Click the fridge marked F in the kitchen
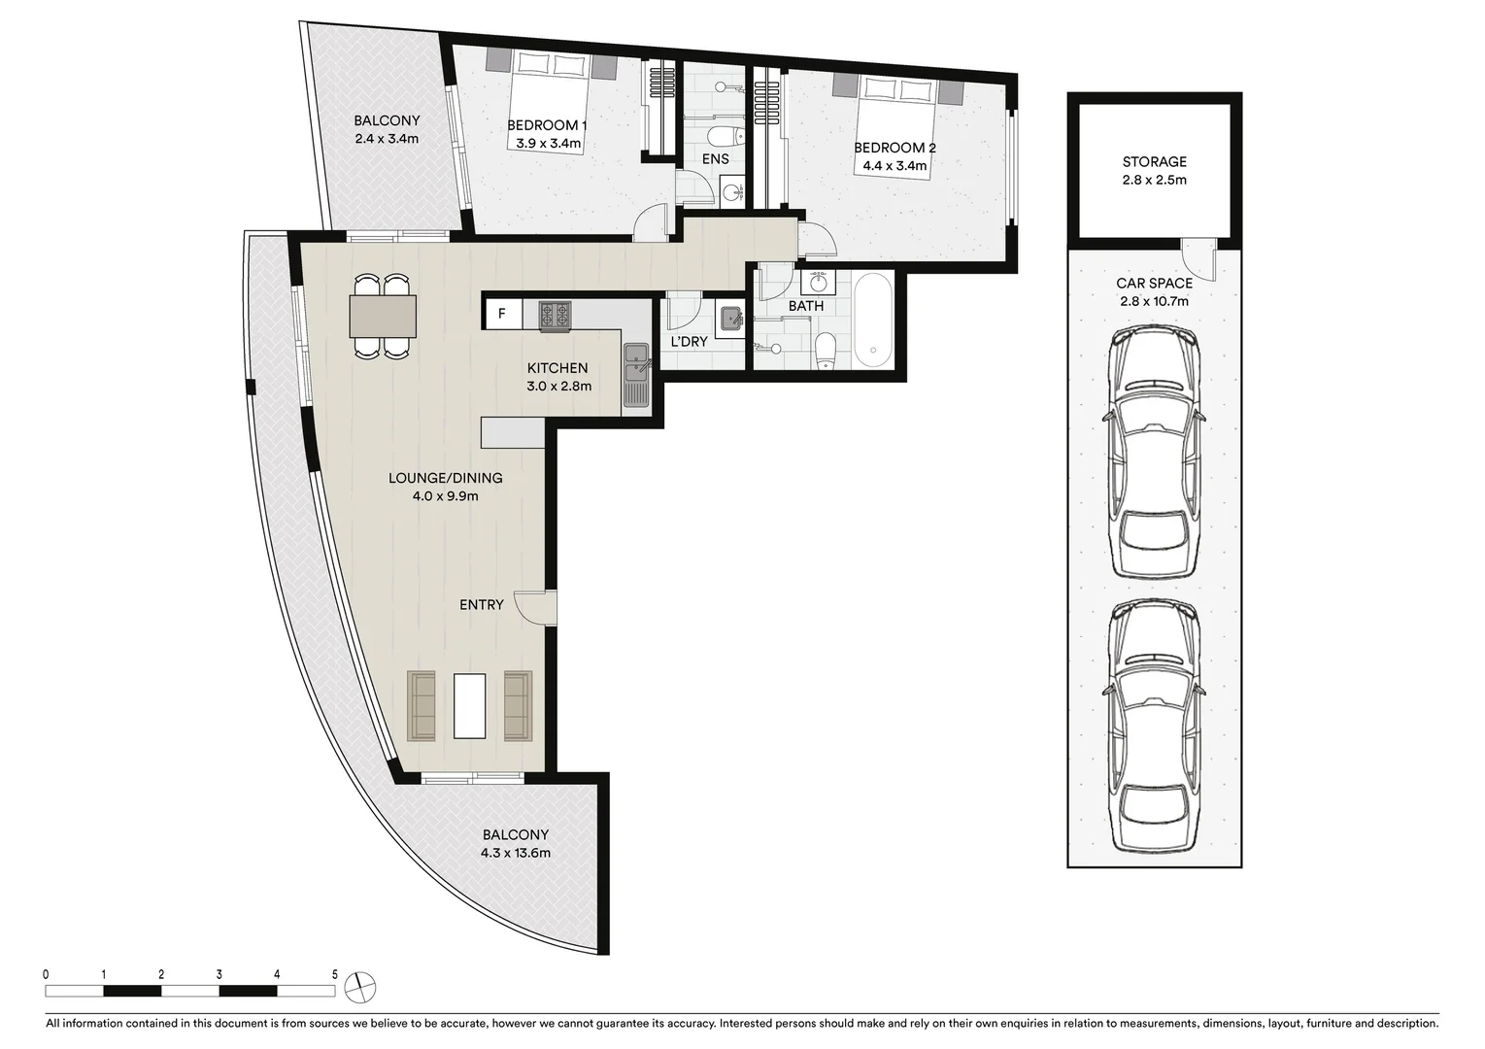click(x=502, y=314)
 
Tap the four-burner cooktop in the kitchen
click(x=555, y=315)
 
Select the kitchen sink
click(x=636, y=374)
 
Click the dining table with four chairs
click(x=383, y=317)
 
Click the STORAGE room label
click(x=1154, y=162)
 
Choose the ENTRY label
click(x=482, y=605)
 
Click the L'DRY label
click(x=690, y=342)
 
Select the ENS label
click(x=716, y=159)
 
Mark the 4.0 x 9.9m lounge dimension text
click(x=446, y=496)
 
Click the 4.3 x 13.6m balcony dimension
click(x=516, y=854)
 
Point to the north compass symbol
click(x=359, y=985)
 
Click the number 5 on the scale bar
click(x=335, y=973)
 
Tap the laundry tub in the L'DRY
click(x=730, y=317)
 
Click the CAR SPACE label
click(x=1154, y=284)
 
